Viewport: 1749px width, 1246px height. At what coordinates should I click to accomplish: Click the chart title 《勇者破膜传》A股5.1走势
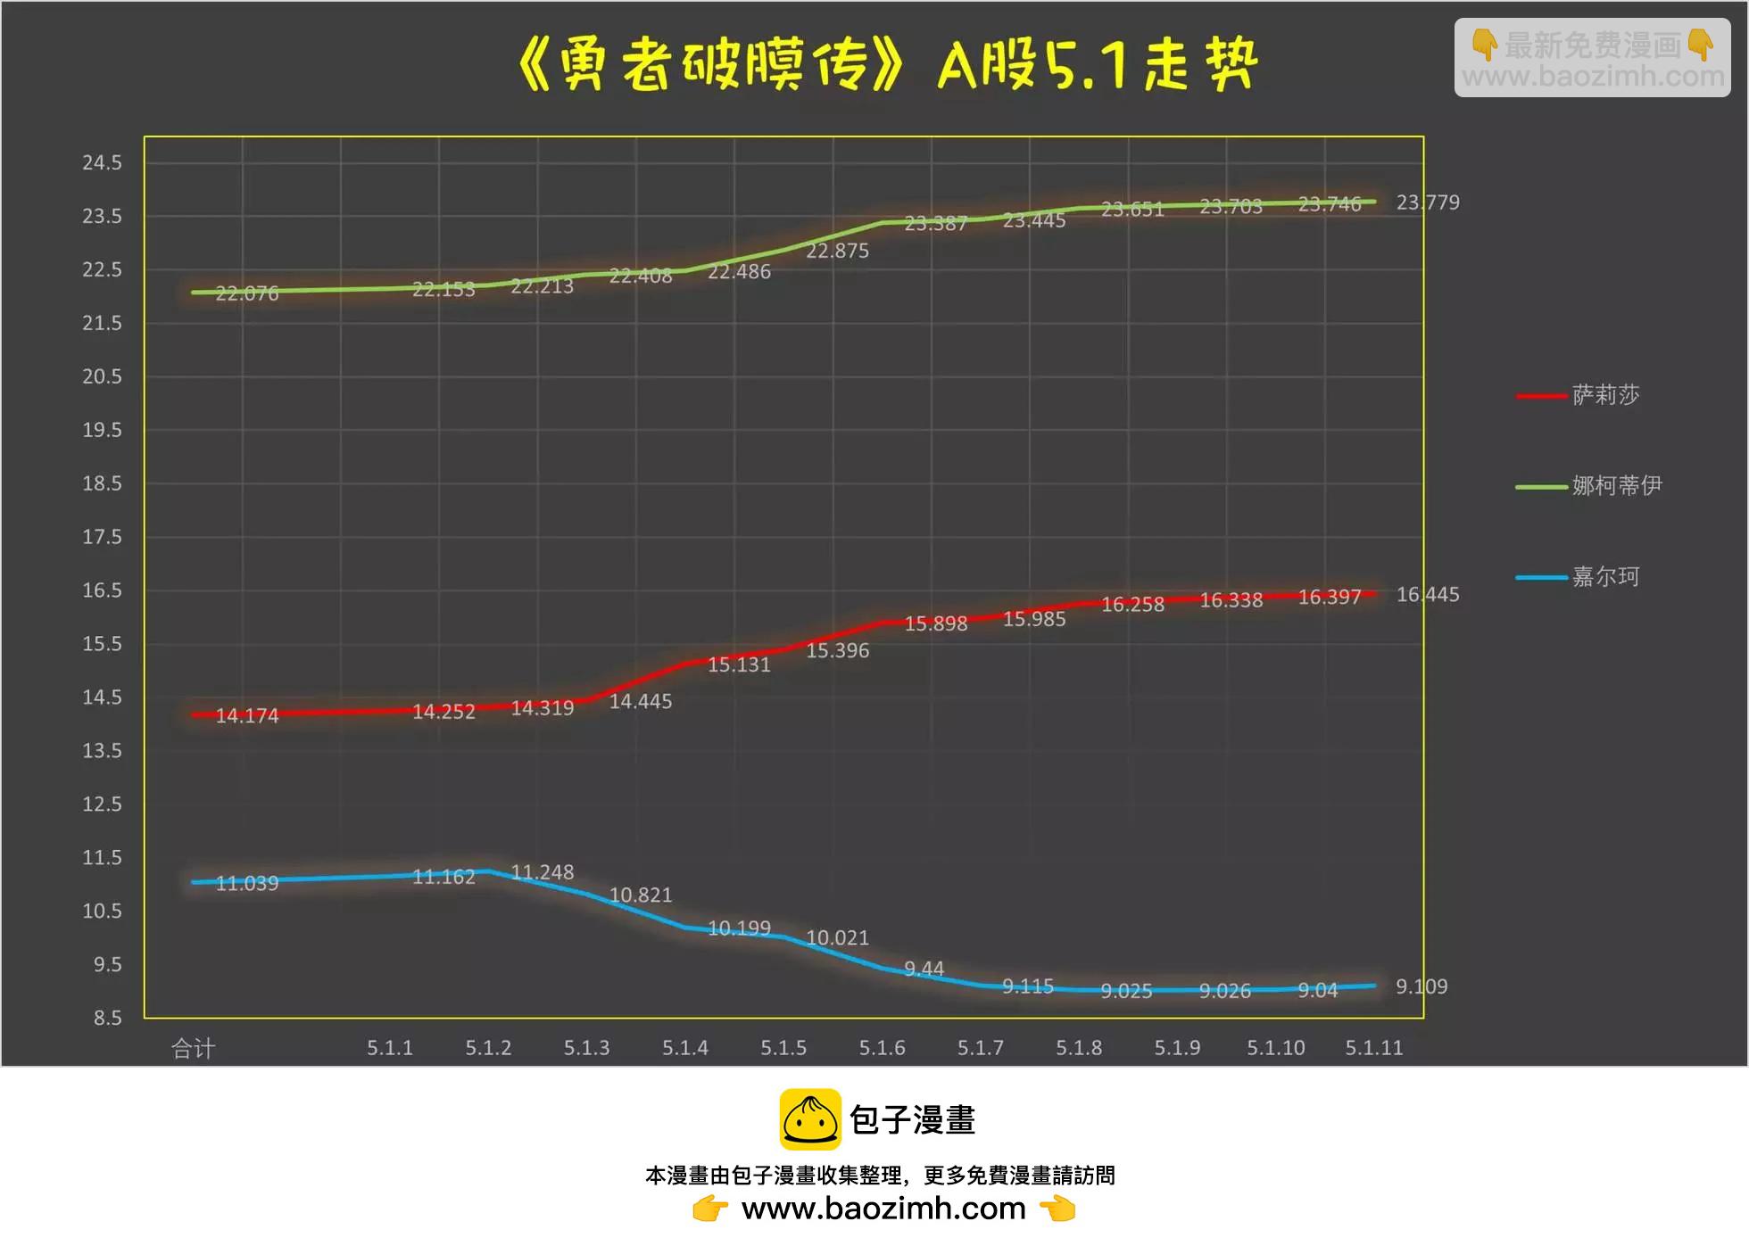[x=887, y=64]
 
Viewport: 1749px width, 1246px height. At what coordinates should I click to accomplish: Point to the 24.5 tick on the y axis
[x=102, y=162]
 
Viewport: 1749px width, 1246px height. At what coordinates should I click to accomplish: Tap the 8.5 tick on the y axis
[x=107, y=1018]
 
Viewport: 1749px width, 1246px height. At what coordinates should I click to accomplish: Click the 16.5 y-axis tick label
[x=102, y=590]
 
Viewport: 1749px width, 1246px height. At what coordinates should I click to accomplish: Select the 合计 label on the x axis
[x=193, y=1048]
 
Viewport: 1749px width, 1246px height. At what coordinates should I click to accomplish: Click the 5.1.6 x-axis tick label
[x=882, y=1048]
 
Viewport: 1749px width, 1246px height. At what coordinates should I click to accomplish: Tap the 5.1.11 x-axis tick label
[x=1373, y=1048]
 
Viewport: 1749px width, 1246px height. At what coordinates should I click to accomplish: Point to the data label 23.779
[x=1428, y=202]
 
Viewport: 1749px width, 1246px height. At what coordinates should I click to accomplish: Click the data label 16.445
[x=1428, y=594]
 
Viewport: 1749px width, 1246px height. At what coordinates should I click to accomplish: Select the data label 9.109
[x=1422, y=986]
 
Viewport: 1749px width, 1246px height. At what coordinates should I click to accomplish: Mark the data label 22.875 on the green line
[x=837, y=251]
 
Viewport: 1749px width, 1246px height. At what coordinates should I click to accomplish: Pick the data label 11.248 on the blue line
[x=542, y=872]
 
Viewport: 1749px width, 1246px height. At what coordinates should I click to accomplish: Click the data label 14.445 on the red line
[x=640, y=701]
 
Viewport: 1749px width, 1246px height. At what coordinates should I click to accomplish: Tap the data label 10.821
[x=640, y=895]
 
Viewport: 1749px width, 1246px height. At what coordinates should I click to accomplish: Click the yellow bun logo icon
[x=810, y=1119]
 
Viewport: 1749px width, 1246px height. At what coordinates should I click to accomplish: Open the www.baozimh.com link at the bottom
[x=883, y=1209]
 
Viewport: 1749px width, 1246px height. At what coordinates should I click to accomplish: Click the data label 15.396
[x=837, y=650]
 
